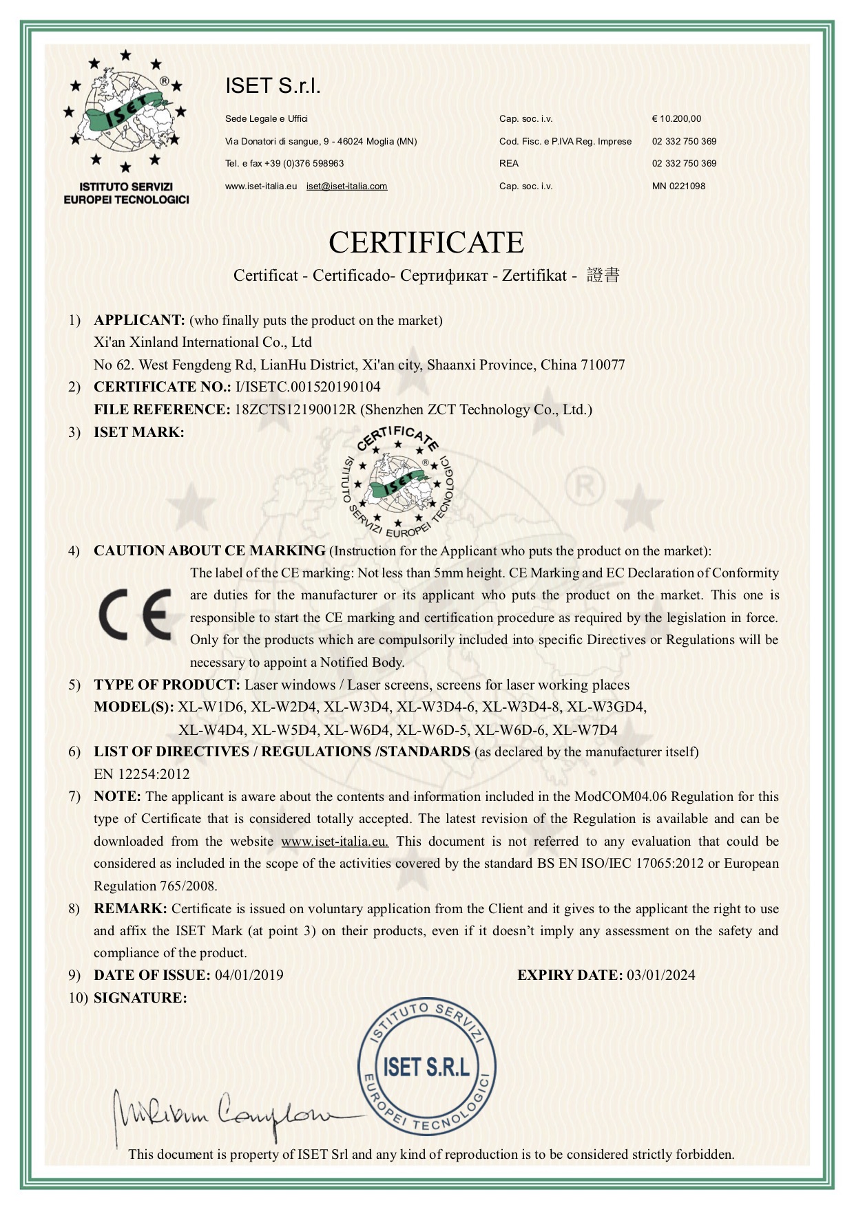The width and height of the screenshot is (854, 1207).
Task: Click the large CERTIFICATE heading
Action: point(426,242)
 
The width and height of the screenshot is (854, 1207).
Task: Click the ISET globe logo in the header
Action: point(125,110)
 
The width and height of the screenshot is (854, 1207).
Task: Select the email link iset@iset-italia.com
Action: point(346,186)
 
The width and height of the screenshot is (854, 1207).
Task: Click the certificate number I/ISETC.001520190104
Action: point(307,387)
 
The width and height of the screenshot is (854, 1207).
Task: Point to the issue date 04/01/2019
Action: point(249,975)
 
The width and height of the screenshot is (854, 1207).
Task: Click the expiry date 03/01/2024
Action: point(660,975)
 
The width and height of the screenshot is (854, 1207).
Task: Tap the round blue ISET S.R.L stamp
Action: point(426,1067)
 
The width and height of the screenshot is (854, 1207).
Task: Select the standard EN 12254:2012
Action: point(141,774)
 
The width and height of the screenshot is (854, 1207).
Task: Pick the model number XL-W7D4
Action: point(585,729)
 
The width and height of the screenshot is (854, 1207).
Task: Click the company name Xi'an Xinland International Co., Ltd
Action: point(202,342)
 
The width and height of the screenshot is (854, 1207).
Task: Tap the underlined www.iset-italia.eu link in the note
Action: point(335,841)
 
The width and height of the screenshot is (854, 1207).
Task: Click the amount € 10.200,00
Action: point(676,119)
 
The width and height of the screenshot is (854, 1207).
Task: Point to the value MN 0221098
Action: point(678,186)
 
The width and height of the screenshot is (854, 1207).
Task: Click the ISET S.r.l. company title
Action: point(273,86)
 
